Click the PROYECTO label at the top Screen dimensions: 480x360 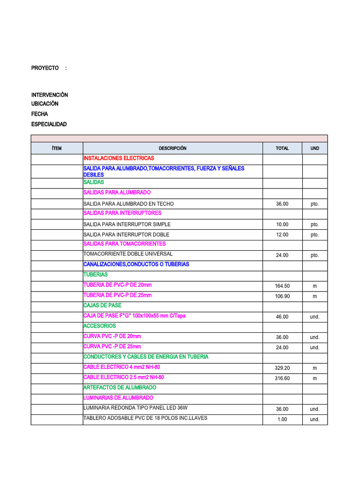(x=45, y=68)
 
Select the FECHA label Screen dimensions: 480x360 (x=39, y=114)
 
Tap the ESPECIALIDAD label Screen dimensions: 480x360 (x=49, y=124)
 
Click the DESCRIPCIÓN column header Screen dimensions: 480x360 (x=172, y=148)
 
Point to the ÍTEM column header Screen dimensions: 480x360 (x=57, y=148)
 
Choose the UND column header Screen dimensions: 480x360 (x=315, y=148)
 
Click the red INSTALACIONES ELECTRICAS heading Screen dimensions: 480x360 (x=119, y=158)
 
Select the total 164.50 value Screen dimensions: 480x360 (x=282, y=286)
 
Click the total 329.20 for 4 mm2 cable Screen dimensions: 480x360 (x=282, y=368)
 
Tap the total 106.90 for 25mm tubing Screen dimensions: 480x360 (x=282, y=296)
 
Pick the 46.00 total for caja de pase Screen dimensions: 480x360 (x=282, y=317)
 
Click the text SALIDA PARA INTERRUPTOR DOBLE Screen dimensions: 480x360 (x=126, y=234)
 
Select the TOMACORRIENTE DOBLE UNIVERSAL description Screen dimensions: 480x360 (x=128, y=254)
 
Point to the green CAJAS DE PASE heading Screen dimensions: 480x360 (x=102, y=305)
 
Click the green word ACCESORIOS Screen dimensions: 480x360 (x=99, y=326)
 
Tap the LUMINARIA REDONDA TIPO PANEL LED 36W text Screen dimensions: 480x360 (x=135, y=407)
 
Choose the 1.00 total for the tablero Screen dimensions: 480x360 (x=282, y=419)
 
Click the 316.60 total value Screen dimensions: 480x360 (x=282, y=378)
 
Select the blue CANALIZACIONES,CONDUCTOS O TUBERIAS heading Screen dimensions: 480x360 (x=136, y=264)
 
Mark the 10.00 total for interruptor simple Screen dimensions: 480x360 (x=282, y=224)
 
